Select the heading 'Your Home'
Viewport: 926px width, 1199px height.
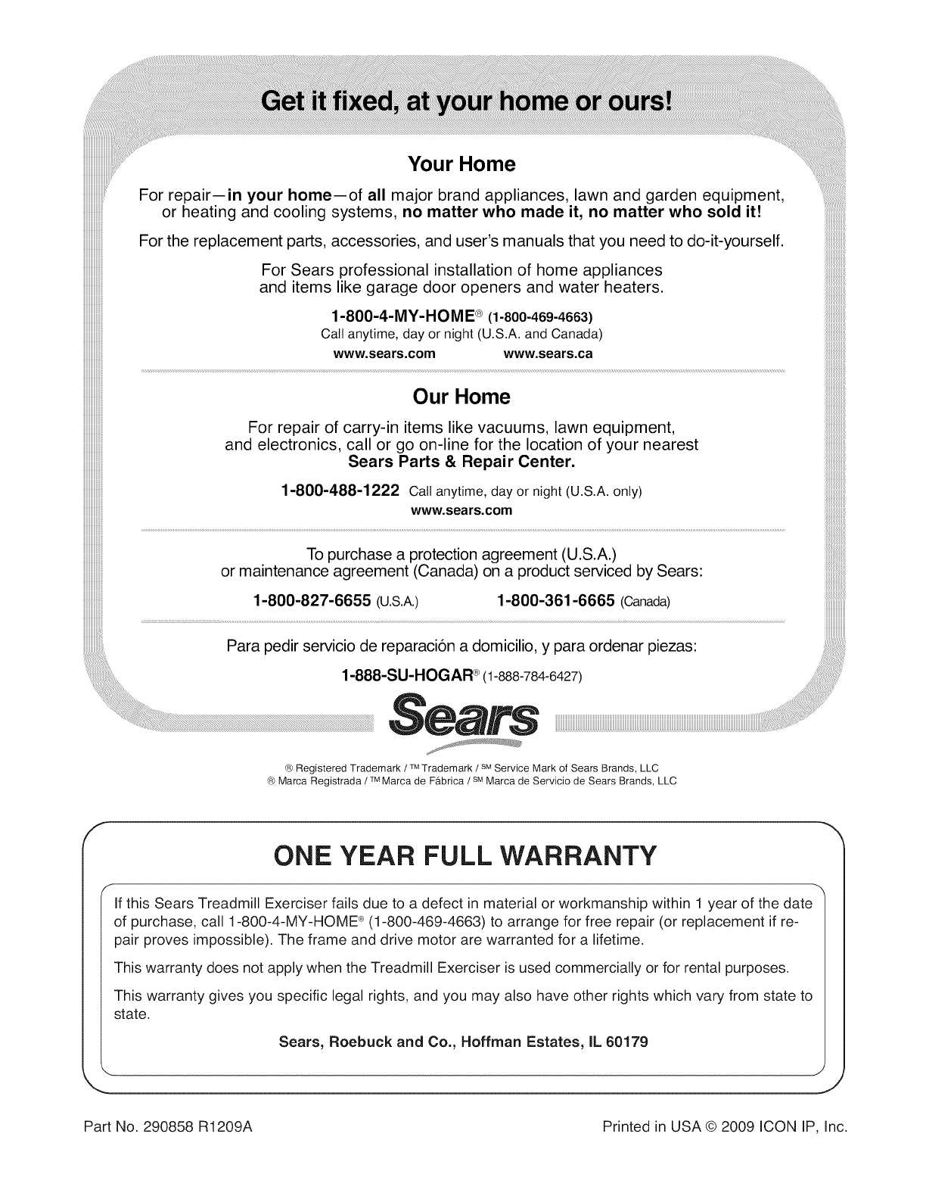[461, 164]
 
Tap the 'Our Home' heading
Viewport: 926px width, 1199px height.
[461, 397]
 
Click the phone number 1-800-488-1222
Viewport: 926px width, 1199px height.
[340, 490]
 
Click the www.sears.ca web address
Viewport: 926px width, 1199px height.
[548, 353]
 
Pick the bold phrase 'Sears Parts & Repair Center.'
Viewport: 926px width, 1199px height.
[461, 461]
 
